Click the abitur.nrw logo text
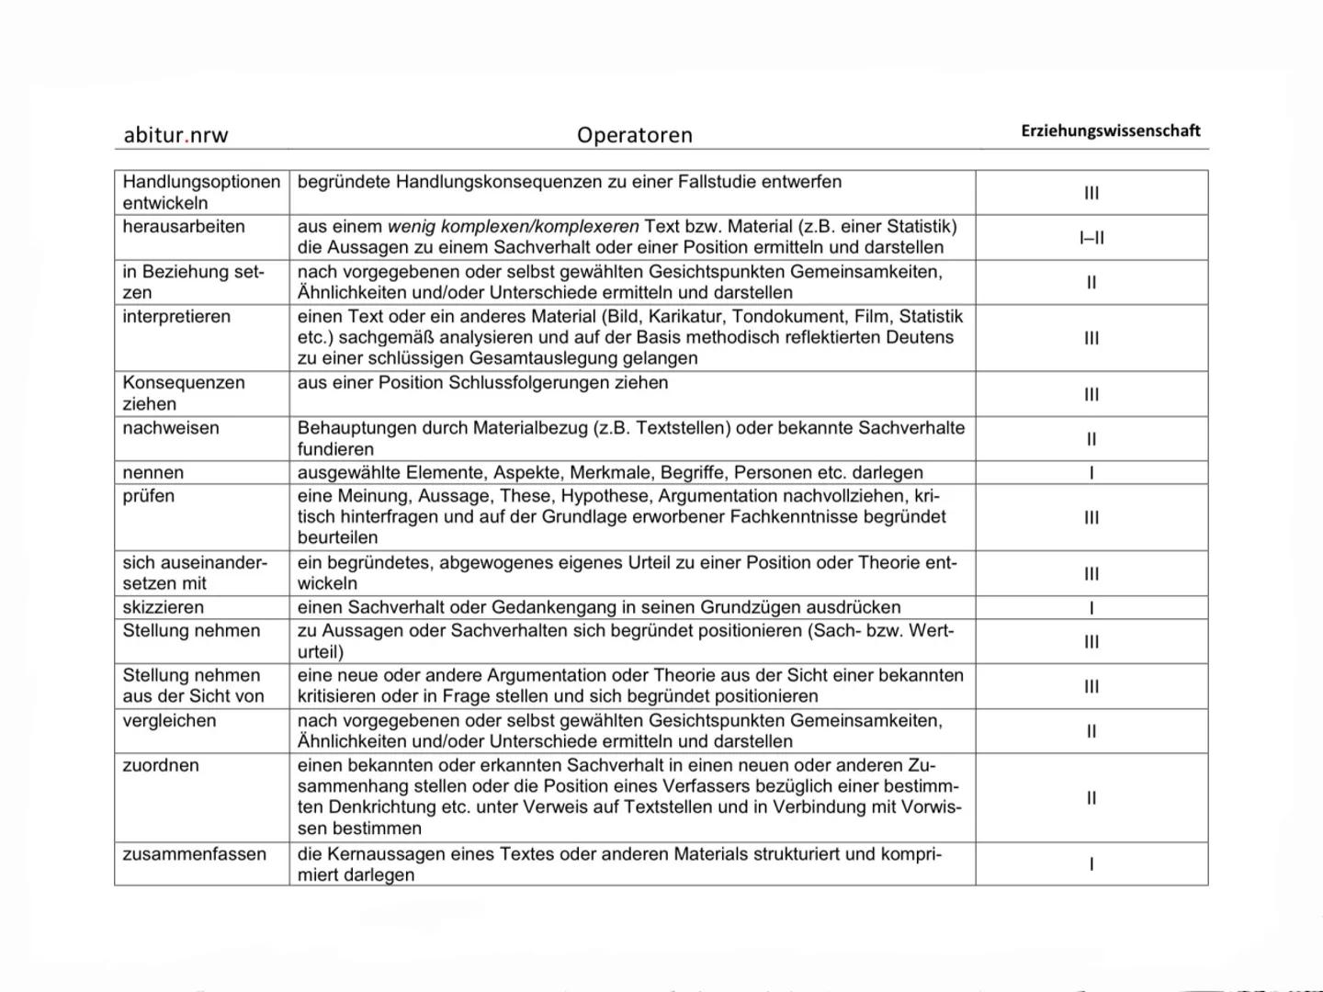click(x=175, y=135)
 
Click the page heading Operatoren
click(x=634, y=135)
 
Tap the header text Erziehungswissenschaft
click(x=1110, y=130)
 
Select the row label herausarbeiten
click(x=184, y=227)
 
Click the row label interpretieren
click(x=176, y=317)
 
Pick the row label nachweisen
click(x=171, y=428)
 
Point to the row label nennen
click(x=153, y=473)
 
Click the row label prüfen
click(x=148, y=496)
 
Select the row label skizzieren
click(x=164, y=607)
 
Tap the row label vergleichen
click(x=169, y=721)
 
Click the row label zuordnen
click(x=161, y=765)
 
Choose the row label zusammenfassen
click(x=195, y=854)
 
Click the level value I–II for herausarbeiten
click(x=1091, y=238)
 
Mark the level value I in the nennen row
click(x=1091, y=474)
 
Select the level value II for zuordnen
click(x=1091, y=798)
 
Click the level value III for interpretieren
click(x=1091, y=338)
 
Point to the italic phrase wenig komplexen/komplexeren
click(x=513, y=227)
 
